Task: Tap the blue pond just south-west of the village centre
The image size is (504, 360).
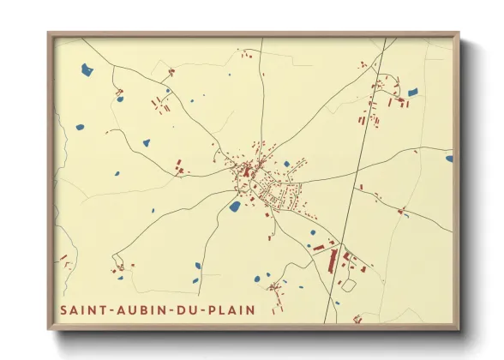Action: [235, 206]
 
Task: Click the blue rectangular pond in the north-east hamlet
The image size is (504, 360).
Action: [412, 92]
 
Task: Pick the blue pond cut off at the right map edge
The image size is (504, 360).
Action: [449, 158]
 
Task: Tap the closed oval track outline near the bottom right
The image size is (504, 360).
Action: [348, 285]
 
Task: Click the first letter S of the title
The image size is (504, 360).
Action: [63, 309]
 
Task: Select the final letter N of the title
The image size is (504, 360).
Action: [250, 309]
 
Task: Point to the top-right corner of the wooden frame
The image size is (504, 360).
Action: [458, 34]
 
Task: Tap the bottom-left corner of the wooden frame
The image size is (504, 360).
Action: [50, 328]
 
